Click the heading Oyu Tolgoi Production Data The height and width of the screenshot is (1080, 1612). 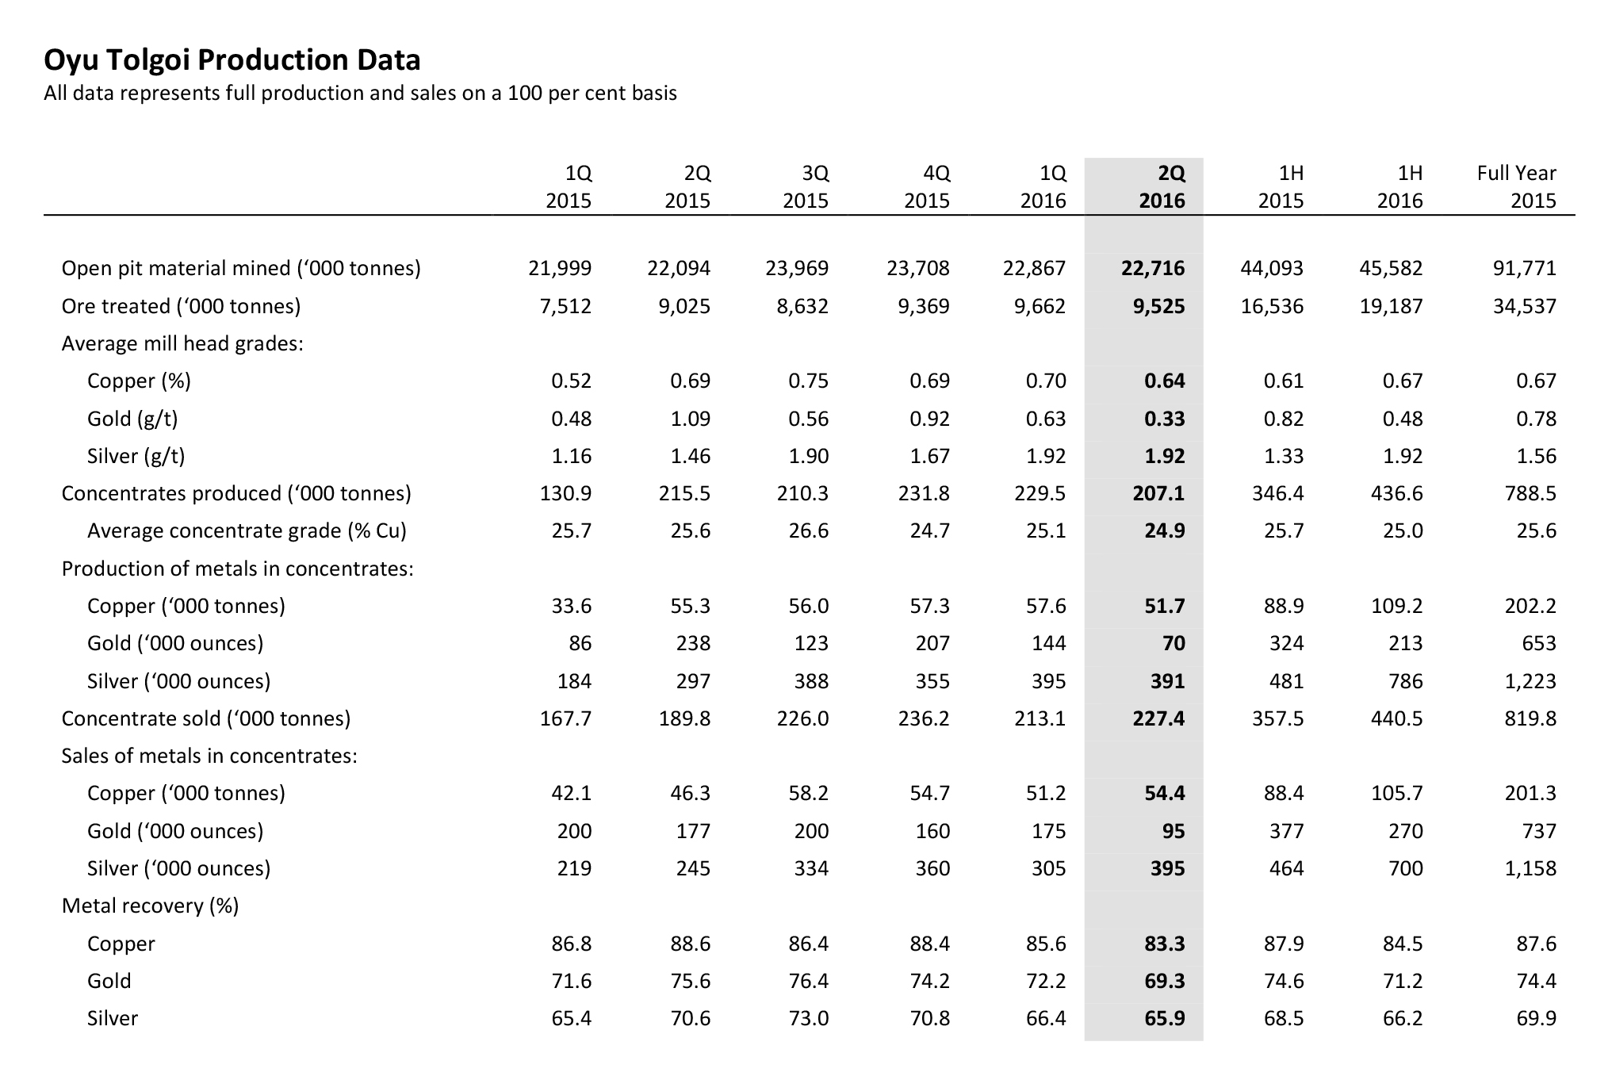pyautogui.click(x=232, y=60)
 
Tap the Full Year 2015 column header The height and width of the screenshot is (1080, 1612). pyautogui.click(x=1516, y=186)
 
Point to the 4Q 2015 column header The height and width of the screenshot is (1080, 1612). pyautogui.click(x=927, y=186)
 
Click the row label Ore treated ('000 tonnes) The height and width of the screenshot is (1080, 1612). pyautogui.click(x=181, y=306)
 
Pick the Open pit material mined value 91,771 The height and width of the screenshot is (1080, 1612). pyautogui.click(x=1525, y=268)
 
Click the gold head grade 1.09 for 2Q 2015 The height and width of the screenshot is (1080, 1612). pyautogui.click(x=690, y=419)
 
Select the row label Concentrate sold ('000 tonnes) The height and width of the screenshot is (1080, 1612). pyautogui.click(x=206, y=718)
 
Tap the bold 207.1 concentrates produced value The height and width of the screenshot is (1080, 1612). pyautogui.click(x=1158, y=493)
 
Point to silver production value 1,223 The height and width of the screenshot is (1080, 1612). pyautogui.click(x=1530, y=681)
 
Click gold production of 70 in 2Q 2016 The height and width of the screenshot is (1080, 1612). pyautogui.click(x=1174, y=643)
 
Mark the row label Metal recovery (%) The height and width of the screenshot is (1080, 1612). pyautogui.click(x=151, y=906)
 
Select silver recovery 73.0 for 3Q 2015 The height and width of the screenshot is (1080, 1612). pyautogui.click(x=808, y=1018)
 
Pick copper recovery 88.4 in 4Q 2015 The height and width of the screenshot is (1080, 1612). pyautogui.click(x=929, y=944)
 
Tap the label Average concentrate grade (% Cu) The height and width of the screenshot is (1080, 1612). pyautogui.click(x=247, y=530)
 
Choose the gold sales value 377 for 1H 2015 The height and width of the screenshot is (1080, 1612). pyautogui.click(x=1286, y=831)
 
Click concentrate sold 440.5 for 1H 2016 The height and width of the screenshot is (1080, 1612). pyautogui.click(x=1397, y=718)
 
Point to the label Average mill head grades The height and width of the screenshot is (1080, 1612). pyautogui.click(x=182, y=343)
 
